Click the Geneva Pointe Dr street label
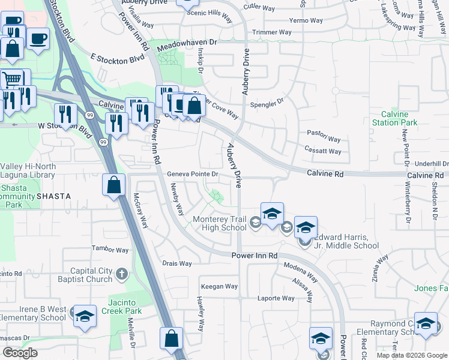191,174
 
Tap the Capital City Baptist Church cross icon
122,274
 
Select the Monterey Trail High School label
219,223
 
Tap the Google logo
20,353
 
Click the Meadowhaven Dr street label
187,46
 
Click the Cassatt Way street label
323,151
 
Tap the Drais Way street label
177,263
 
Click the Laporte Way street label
276,298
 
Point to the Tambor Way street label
110,250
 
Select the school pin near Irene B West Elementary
85,315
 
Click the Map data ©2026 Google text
411,355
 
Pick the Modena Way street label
301,272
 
